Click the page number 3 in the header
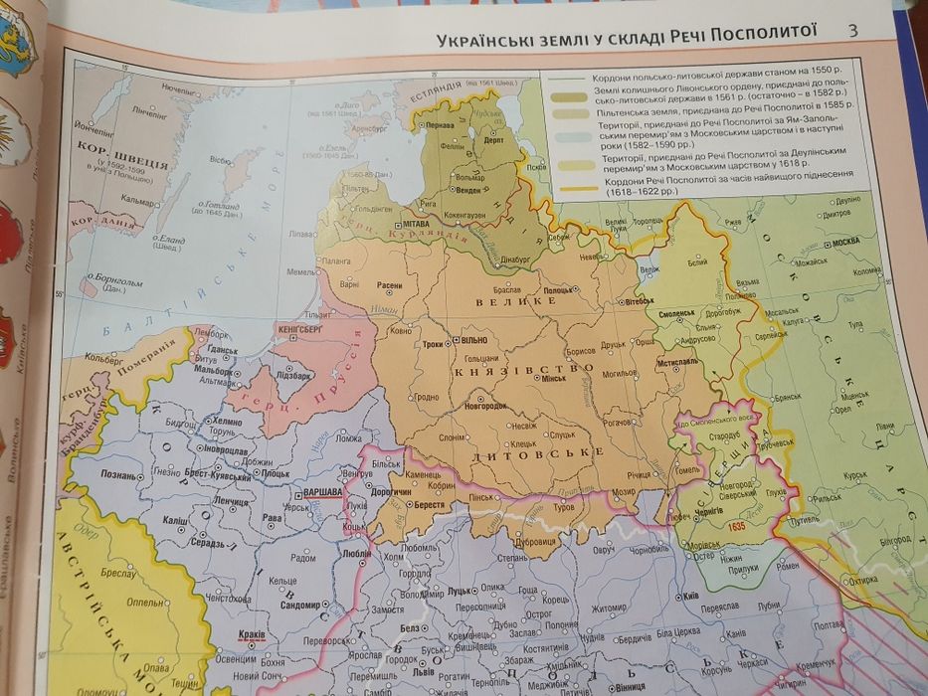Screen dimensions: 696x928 [852, 31]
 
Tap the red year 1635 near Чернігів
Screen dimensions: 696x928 [736, 524]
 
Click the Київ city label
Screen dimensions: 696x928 [690, 595]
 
